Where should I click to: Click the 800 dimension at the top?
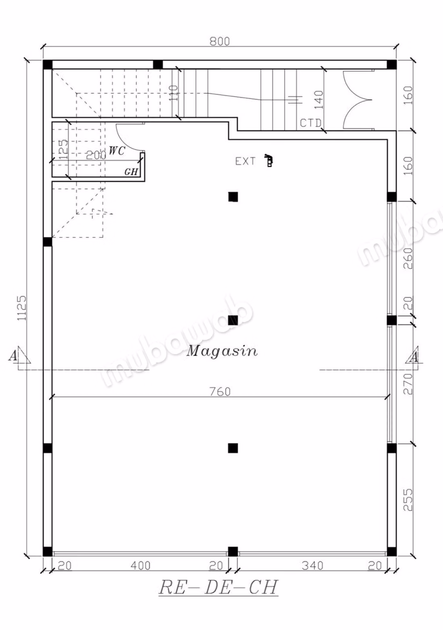coord(219,41)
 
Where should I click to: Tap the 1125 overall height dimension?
coord(22,308)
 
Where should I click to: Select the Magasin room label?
coord(222,351)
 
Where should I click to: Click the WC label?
coord(117,151)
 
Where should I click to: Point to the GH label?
coord(131,171)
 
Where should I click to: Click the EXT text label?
coord(245,161)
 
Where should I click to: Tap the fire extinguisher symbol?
coord(269,160)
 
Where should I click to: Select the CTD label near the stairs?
coord(311,123)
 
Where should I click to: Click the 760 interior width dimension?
coord(220,391)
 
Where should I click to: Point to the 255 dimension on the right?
coord(408,500)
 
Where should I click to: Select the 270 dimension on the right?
coord(408,384)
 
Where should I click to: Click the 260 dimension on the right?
coord(408,258)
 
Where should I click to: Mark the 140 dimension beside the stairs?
coord(319,100)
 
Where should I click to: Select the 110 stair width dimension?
coord(174,93)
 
